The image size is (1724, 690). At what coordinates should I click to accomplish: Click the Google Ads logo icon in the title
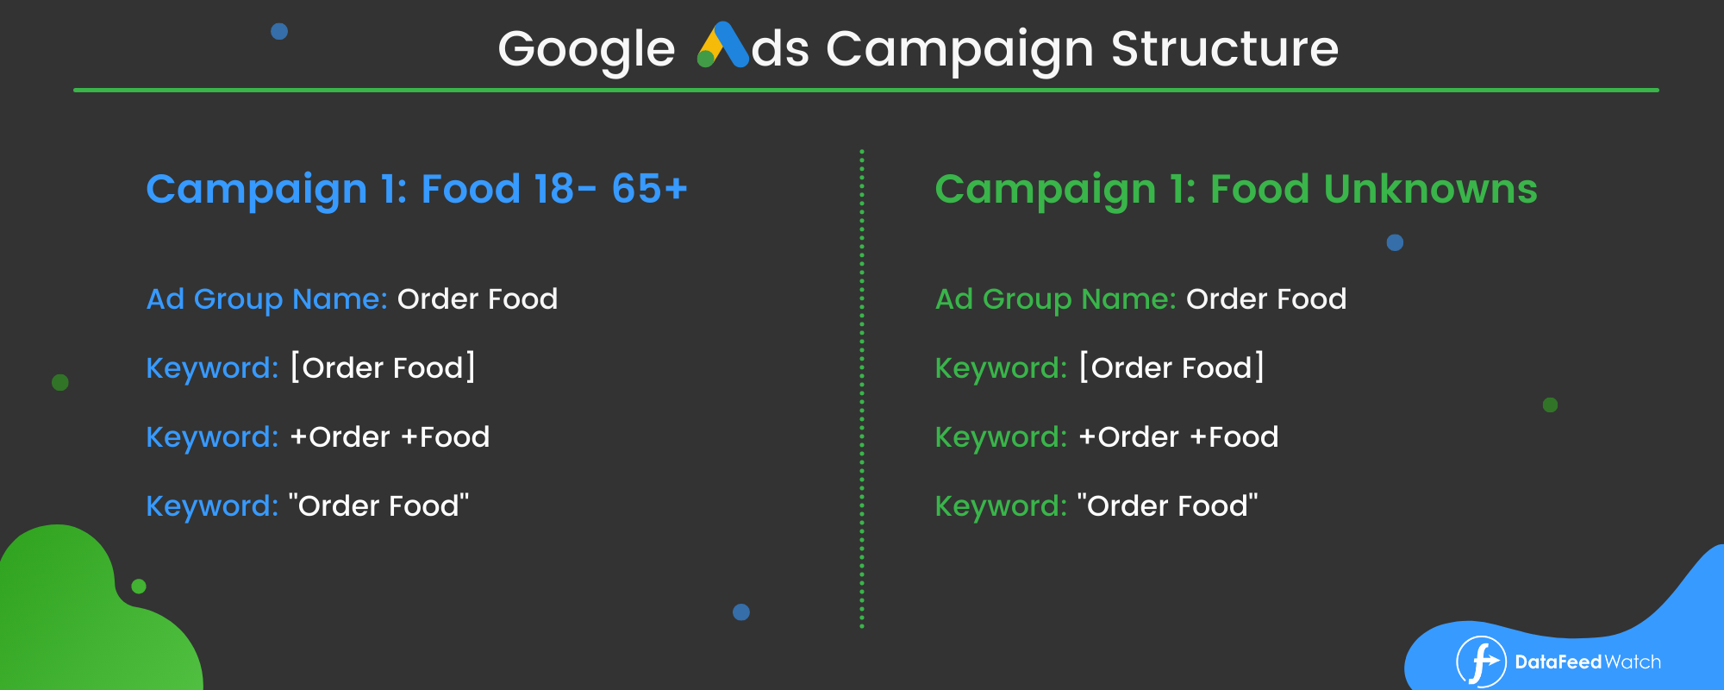pos(722,45)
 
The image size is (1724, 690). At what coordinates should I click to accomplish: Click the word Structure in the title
pos(1225,48)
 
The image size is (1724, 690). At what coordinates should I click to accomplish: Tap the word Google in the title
pos(586,50)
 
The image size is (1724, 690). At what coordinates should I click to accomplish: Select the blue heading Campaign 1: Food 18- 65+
pos(416,190)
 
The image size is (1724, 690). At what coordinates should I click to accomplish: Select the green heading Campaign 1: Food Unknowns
pos(1236,190)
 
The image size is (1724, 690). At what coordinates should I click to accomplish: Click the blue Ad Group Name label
pos(266,299)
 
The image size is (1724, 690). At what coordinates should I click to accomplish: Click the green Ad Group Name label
pos(1056,299)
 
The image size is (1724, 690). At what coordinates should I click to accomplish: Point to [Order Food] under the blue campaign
pos(383,367)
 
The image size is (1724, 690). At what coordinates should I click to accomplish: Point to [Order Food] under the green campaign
pos(1171,367)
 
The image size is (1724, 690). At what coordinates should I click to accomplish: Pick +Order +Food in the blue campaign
pos(390,437)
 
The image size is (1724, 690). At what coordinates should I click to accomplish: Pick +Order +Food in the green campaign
pos(1178,437)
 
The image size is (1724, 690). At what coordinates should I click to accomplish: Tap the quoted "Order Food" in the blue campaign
pos(378,505)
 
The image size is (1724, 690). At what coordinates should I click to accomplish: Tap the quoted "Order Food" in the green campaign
pos(1167,505)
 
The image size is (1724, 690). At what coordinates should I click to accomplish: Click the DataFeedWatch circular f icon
pos(1481,662)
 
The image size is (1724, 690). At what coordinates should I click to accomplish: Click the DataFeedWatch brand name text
pos(1588,662)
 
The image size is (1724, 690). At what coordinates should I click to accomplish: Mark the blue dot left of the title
pos(279,31)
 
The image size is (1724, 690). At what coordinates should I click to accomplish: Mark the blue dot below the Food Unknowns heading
pos(1395,242)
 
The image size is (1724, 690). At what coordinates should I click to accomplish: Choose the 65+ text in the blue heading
pos(650,189)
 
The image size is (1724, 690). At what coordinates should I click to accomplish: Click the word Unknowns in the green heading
pos(1430,189)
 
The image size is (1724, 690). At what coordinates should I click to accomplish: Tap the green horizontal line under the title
pos(866,90)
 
